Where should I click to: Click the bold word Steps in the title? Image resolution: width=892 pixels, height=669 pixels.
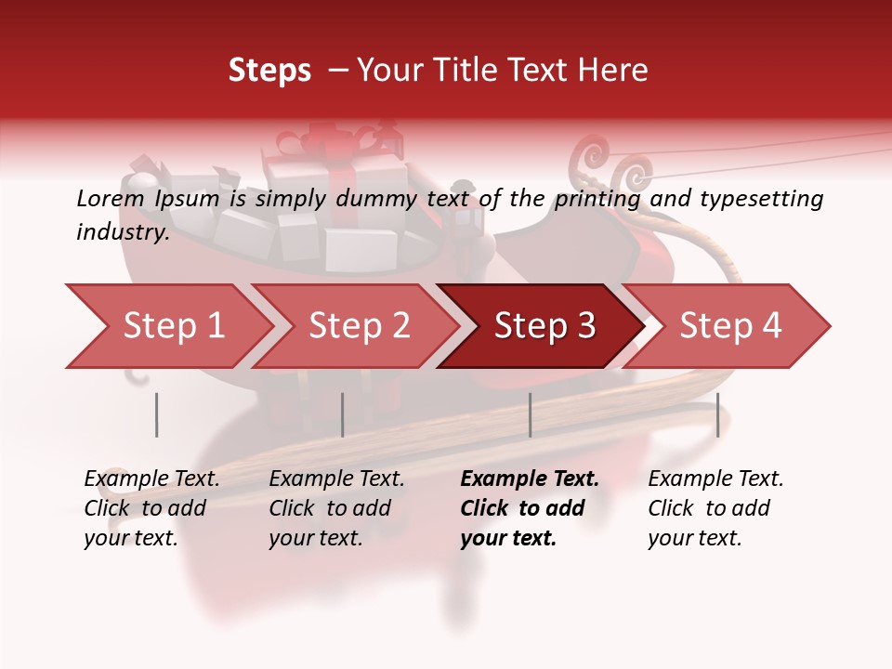click(x=269, y=71)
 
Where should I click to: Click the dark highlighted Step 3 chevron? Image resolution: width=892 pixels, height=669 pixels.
click(x=544, y=325)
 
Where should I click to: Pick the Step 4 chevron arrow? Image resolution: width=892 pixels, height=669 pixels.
click(x=730, y=325)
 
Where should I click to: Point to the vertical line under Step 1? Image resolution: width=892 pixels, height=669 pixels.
click(x=157, y=414)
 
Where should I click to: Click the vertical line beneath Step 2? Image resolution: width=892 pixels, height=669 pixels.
click(x=343, y=414)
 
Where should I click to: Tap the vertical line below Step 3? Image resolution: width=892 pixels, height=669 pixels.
click(x=530, y=414)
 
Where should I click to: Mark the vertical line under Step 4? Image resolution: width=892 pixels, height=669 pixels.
click(x=717, y=414)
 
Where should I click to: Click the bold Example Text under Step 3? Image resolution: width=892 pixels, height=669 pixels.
click(x=530, y=507)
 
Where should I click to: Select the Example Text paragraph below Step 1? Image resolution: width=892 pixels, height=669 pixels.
click(x=151, y=507)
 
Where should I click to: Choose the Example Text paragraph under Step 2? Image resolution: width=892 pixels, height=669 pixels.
click(x=336, y=507)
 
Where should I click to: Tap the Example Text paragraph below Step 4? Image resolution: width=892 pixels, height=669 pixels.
click(x=715, y=507)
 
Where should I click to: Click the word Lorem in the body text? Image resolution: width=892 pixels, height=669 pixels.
click(x=110, y=198)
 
